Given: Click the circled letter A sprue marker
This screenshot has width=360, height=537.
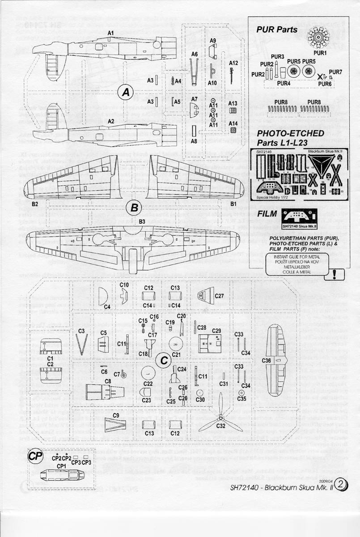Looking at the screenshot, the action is (126, 92).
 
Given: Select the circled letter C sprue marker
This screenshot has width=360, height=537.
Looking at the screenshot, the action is (164, 359).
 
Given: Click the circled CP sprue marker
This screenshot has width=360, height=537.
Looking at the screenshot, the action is (35, 456).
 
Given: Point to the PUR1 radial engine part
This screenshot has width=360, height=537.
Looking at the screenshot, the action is (318, 41).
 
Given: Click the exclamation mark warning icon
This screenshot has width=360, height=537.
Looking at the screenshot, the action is (335, 273).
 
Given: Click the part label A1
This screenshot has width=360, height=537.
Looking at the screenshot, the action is (111, 34).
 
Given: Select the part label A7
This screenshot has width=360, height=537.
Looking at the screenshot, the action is (194, 98).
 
